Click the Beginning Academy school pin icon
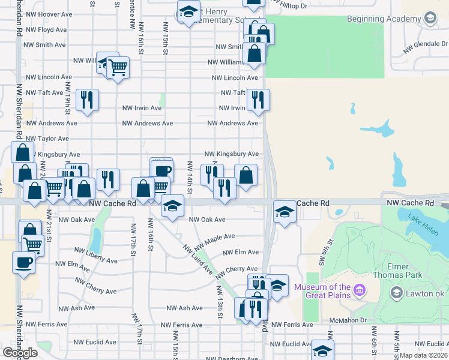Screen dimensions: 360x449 [430, 19]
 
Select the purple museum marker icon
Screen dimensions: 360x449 [360, 291]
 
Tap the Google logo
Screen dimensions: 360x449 [20, 353]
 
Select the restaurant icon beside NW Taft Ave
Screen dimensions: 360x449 [258, 100]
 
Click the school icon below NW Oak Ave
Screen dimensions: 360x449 [172, 207]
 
